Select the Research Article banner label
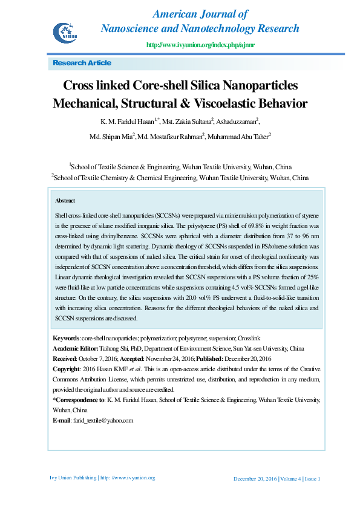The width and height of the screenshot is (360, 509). click(82, 63)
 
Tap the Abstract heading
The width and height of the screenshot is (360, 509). click(65, 200)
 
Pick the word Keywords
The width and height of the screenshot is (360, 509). click(65, 338)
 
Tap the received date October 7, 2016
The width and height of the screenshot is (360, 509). click(96, 359)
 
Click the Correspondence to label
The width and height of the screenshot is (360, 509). click(78, 400)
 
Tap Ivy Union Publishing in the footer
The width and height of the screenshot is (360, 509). click(73, 478)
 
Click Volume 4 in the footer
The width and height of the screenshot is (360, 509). click(290, 479)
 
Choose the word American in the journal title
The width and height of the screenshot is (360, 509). click(178, 14)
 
